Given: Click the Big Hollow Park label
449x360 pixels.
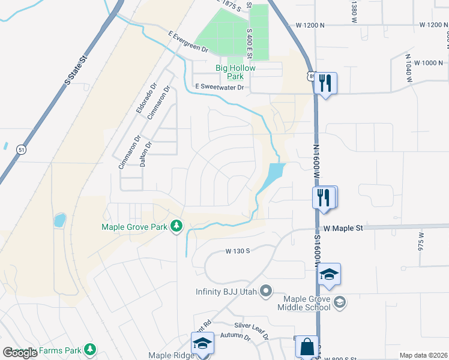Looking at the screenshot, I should (236, 72).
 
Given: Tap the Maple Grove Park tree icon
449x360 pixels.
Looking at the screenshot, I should (176, 226).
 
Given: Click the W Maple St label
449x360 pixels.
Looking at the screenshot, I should (343, 228).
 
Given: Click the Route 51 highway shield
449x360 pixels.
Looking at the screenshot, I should (22, 149).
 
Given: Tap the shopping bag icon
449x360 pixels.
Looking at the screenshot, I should (306, 346).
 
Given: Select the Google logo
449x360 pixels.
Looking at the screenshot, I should (20, 353).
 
